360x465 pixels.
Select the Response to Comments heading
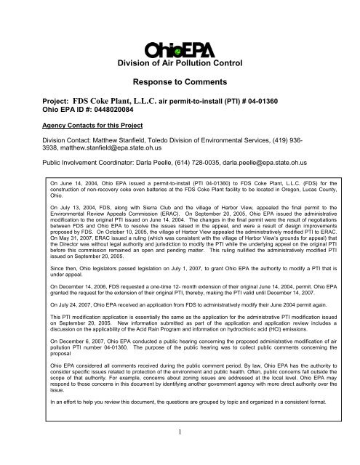coord(180,84)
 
